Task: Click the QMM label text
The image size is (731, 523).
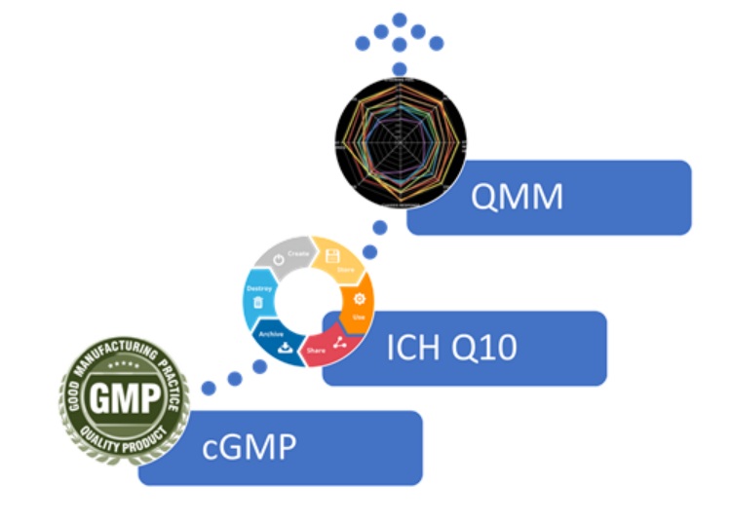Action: point(517,198)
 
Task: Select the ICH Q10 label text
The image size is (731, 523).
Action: point(458,348)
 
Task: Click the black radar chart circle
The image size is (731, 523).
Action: point(400,135)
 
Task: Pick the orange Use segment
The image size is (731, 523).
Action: point(359,303)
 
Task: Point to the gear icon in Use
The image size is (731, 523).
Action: point(359,298)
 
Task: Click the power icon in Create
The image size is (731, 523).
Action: point(279,260)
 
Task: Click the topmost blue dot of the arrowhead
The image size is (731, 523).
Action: point(400,19)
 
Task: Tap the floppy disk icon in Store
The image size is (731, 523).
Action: point(331,256)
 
